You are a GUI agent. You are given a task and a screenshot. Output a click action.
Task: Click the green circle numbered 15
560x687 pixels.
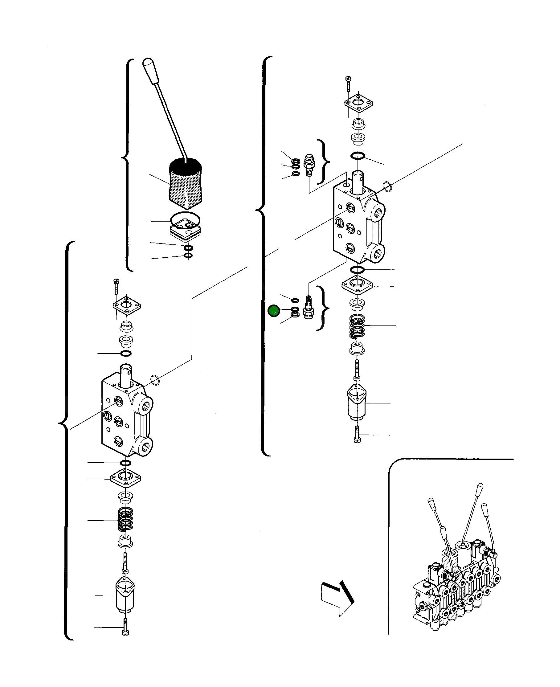[x=274, y=311]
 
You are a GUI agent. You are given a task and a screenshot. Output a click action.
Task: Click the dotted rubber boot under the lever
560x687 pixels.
[x=186, y=182]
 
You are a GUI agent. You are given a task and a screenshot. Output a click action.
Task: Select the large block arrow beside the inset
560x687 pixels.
[x=337, y=599]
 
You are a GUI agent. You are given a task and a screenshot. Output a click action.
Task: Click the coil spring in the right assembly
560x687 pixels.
[x=357, y=326]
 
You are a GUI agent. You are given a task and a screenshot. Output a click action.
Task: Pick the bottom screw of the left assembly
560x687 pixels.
[x=125, y=627]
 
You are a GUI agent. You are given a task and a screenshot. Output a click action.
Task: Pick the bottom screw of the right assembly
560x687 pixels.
[x=357, y=435]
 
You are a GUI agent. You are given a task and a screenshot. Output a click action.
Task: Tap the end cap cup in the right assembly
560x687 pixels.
[x=357, y=403]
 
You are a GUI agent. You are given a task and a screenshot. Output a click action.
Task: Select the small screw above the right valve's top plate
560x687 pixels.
[x=348, y=83]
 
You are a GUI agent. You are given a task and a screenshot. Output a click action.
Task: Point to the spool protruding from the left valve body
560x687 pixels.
[x=126, y=375]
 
